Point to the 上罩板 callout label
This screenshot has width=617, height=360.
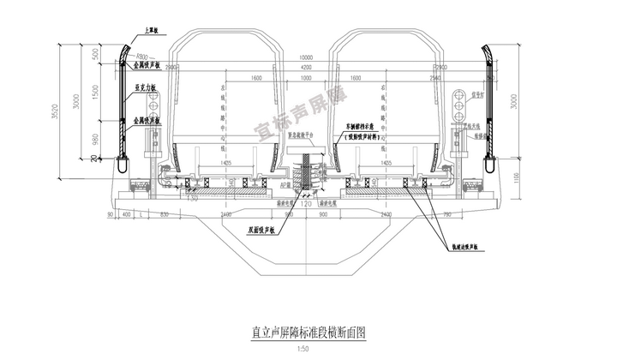(x=151, y=30)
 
